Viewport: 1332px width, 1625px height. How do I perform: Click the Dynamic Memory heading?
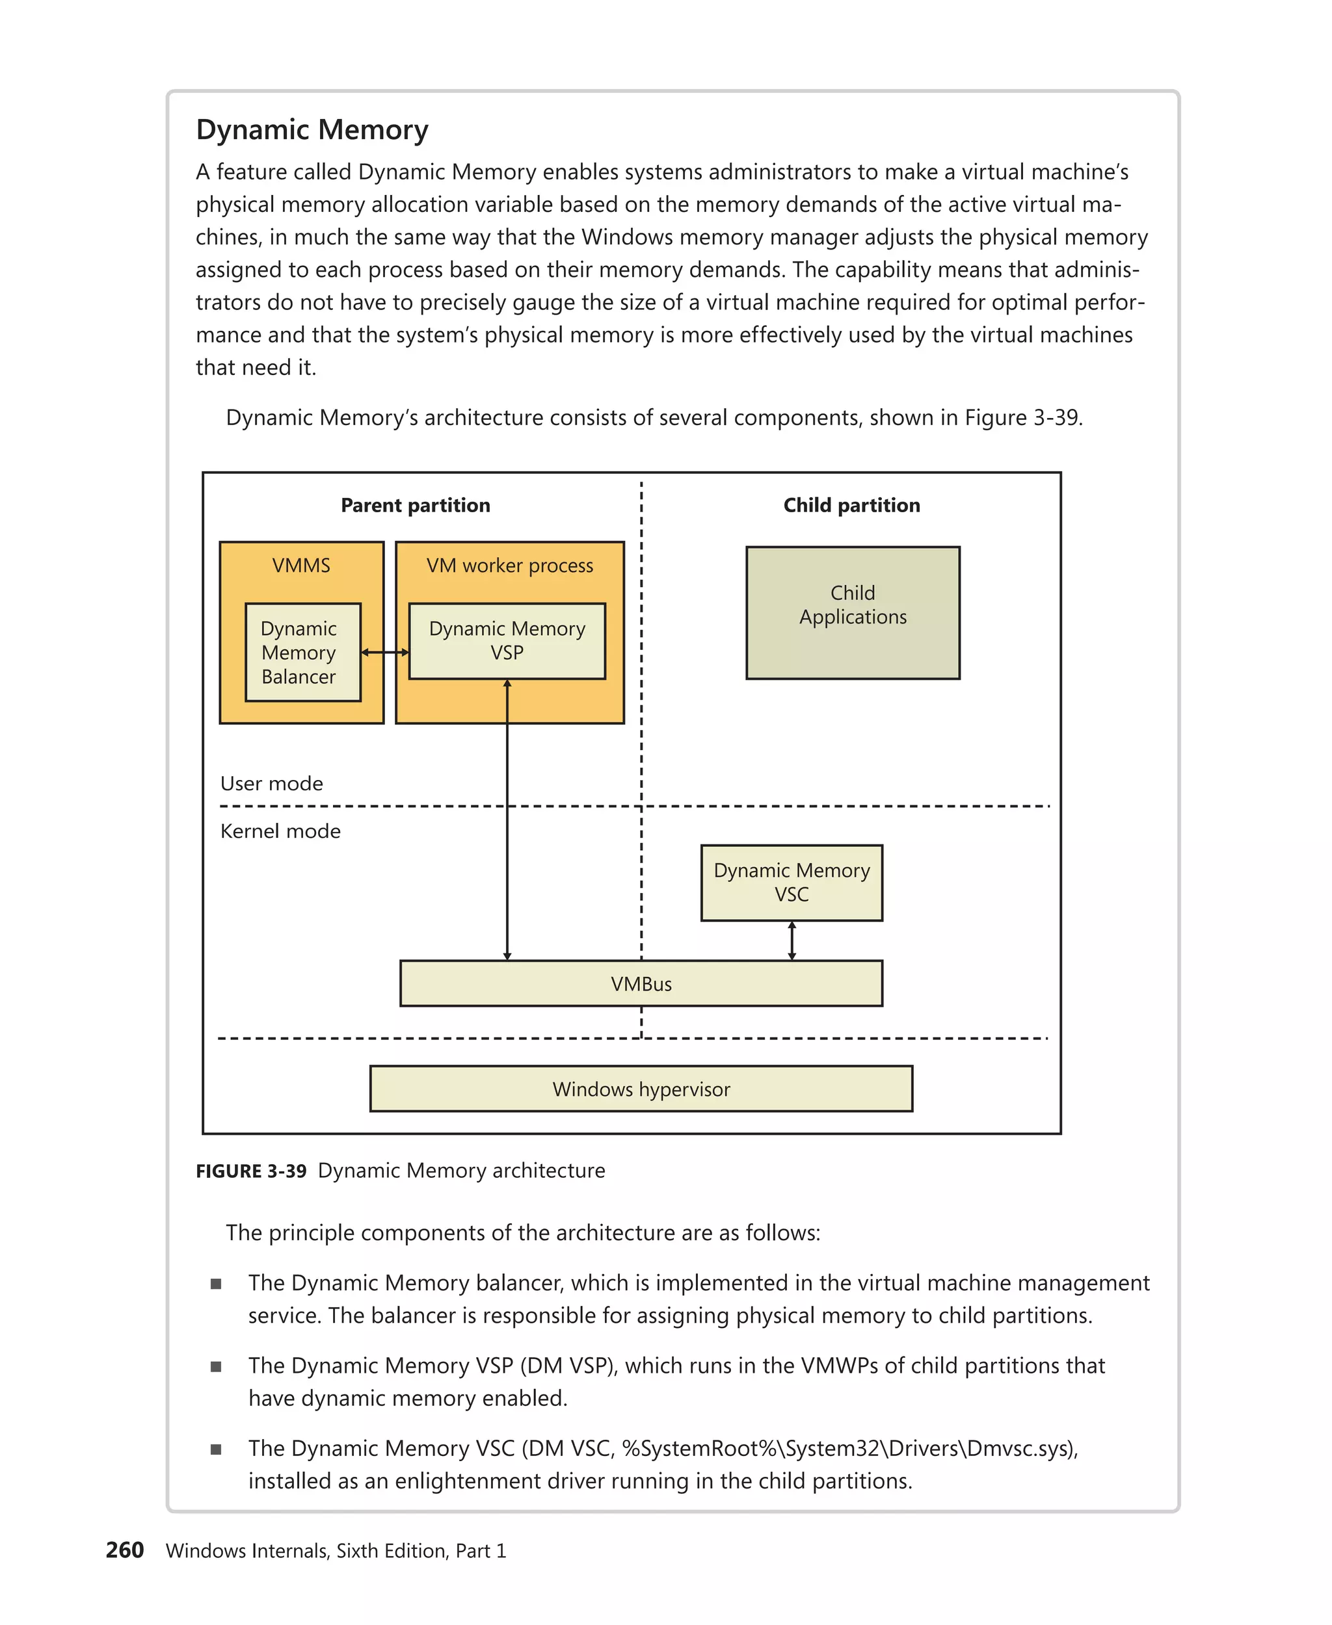point(312,129)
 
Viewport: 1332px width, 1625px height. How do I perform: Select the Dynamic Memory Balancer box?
point(302,652)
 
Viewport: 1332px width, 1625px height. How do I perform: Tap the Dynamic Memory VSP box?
point(507,640)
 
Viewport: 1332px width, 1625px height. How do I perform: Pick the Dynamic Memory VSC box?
point(791,882)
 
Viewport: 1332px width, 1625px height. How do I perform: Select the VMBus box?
point(641,983)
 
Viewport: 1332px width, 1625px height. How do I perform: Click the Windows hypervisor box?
point(641,1088)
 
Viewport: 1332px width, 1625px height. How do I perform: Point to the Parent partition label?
point(415,504)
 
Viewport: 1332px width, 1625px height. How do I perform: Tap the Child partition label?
point(851,504)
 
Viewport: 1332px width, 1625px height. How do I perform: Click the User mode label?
point(272,783)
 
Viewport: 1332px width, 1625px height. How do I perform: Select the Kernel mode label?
point(280,831)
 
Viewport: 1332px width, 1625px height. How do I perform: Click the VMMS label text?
point(300,565)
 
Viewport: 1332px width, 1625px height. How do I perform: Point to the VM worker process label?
point(509,565)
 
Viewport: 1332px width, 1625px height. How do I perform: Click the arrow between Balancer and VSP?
point(384,652)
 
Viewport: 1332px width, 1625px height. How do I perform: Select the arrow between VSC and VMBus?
point(791,940)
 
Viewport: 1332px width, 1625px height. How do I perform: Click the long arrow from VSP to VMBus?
point(507,820)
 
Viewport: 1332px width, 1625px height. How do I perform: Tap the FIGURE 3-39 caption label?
point(251,1171)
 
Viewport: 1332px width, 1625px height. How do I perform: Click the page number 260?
point(124,1550)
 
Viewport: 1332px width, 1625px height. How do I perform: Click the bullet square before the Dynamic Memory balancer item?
point(216,1284)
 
